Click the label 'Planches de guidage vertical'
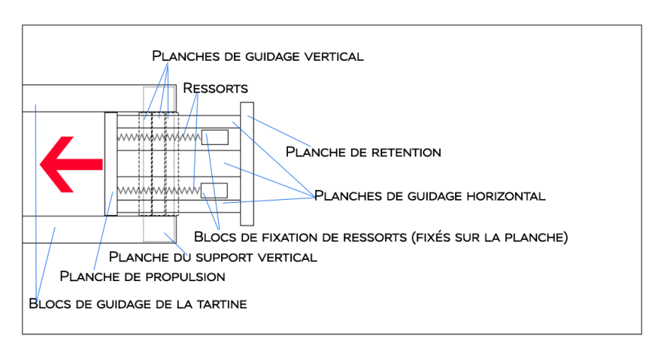tap(258, 56)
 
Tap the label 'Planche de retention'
tap(363, 152)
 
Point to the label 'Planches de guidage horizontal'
tap(429, 196)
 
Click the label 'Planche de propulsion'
tap(142, 276)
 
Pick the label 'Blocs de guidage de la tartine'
tap(138, 304)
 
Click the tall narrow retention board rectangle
tap(245, 163)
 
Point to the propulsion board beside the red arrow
tap(110, 163)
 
